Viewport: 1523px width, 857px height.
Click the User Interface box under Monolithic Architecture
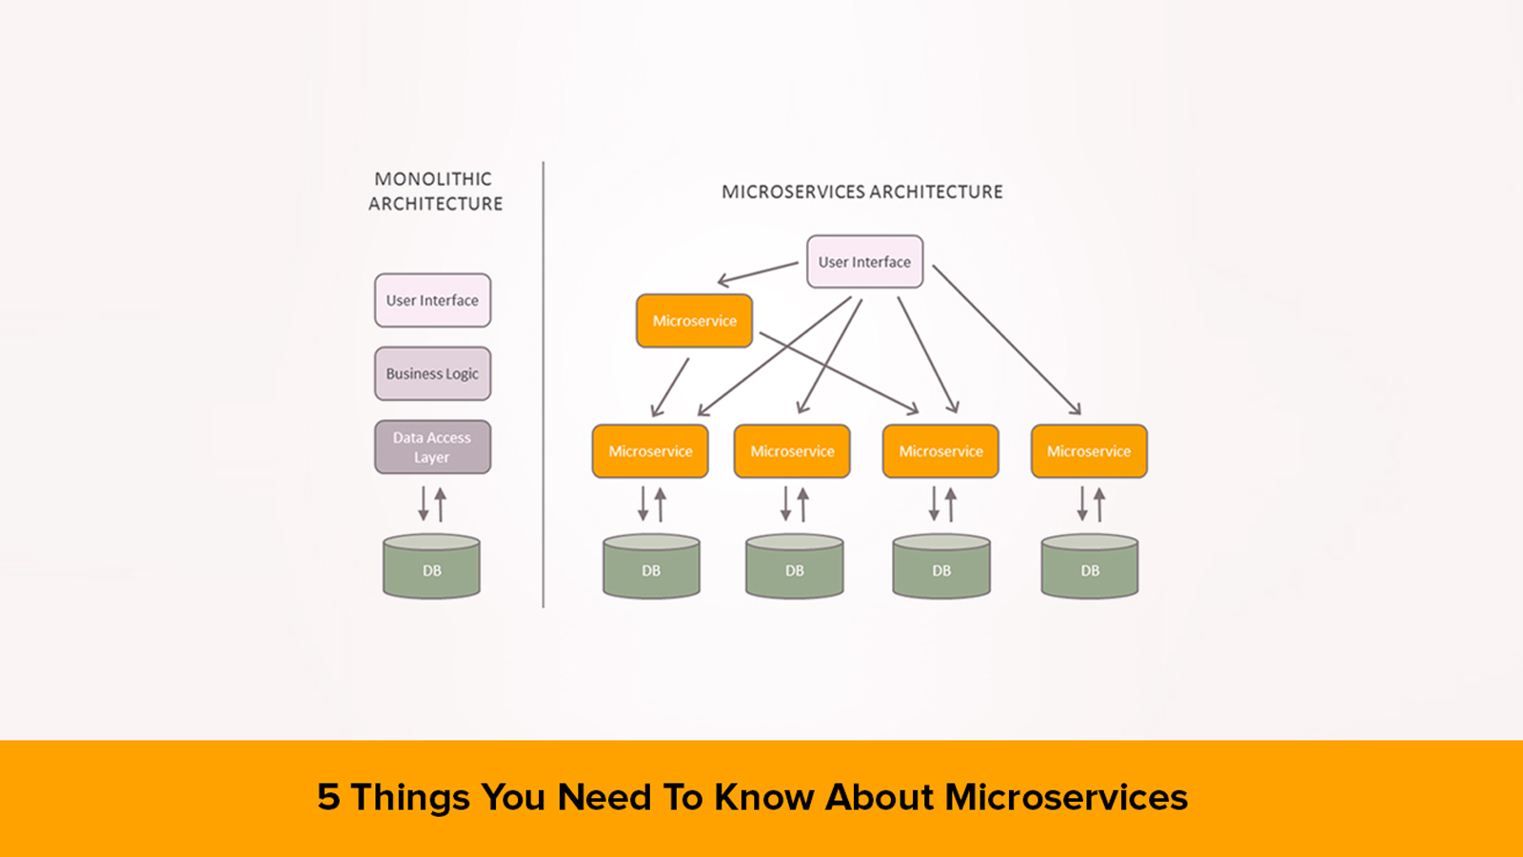coord(432,300)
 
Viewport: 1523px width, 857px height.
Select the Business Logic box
coord(432,373)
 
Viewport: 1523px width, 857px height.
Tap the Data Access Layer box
coord(432,447)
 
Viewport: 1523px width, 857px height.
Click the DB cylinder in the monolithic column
coord(432,566)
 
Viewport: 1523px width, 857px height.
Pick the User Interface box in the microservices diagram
coord(865,262)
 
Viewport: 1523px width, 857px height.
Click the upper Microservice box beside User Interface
coord(694,320)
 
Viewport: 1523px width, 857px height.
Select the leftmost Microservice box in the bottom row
coord(650,451)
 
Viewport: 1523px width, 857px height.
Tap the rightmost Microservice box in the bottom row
coord(1089,451)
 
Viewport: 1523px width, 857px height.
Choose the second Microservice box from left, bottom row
coord(792,451)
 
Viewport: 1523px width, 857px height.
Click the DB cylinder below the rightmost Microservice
coord(1090,566)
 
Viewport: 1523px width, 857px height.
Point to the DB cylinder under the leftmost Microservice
coord(651,566)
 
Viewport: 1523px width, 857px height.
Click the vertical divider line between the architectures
coord(544,385)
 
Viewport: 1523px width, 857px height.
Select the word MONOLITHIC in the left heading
coord(433,179)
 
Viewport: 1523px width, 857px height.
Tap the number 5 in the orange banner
coord(328,796)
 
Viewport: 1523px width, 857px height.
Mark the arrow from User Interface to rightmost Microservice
coord(1006,339)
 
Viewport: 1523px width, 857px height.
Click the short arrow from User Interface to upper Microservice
coord(758,272)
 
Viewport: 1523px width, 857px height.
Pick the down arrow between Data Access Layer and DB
coord(423,504)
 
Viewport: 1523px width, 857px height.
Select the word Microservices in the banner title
coord(1066,796)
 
